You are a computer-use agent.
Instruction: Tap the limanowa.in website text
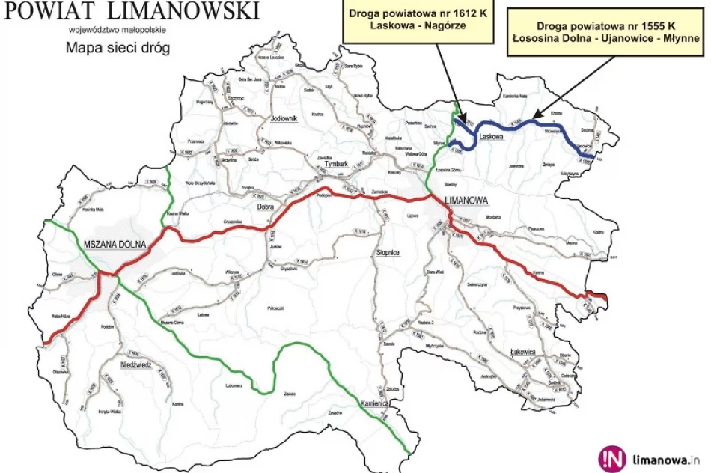[666, 460]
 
